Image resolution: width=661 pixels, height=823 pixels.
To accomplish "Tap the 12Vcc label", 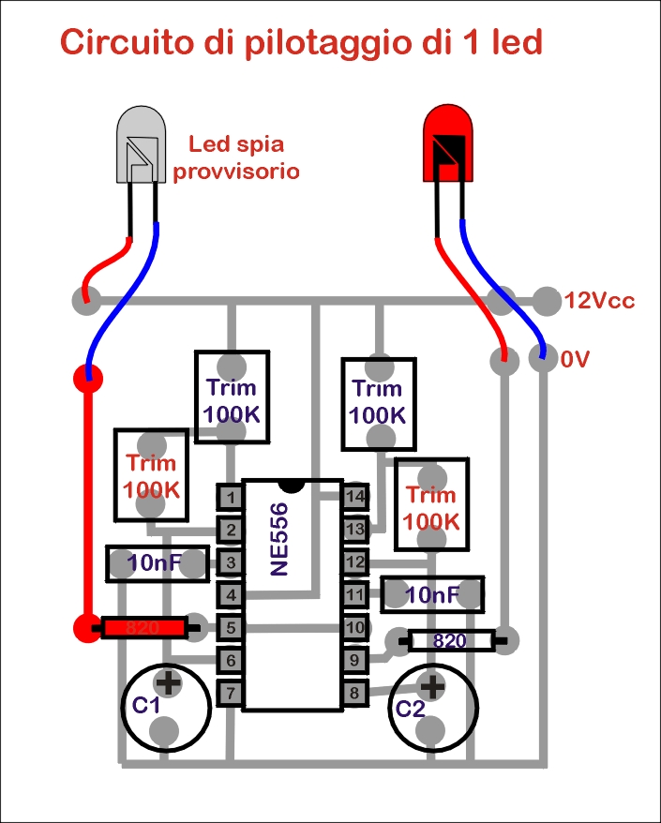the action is tap(599, 301).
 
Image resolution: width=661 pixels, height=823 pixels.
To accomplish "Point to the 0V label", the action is tap(575, 360).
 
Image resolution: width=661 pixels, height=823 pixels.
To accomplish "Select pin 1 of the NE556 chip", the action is tap(231, 497).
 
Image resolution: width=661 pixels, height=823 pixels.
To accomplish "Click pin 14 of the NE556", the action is tap(355, 497).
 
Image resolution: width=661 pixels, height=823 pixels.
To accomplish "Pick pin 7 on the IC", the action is tap(231, 693).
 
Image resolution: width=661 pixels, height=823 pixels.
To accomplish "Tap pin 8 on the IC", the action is tap(355, 693).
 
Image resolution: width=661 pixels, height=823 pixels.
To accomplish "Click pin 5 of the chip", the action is tap(231, 627).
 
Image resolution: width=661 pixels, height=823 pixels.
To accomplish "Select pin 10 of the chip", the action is tap(355, 627).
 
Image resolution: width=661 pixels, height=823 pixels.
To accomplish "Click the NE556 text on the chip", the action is tap(279, 539).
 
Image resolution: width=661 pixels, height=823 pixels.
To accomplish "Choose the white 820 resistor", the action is tap(451, 641).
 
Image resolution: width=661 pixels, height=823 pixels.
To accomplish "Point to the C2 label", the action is tap(410, 709).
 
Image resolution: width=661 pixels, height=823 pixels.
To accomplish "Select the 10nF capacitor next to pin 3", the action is tap(158, 563).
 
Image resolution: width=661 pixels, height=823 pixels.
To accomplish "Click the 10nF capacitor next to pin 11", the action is tap(432, 594).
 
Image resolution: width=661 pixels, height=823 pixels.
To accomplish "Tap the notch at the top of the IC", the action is tap(292, 486).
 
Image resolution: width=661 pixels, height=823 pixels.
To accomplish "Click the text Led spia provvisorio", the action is tap(236, 157).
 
